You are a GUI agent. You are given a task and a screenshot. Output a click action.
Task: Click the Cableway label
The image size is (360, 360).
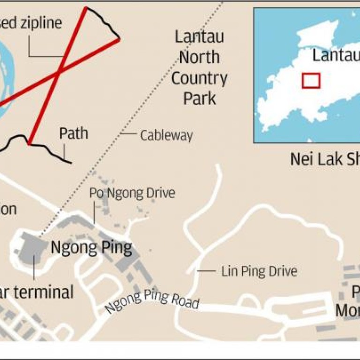166,135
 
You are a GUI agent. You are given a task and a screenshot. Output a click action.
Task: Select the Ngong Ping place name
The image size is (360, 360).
91,247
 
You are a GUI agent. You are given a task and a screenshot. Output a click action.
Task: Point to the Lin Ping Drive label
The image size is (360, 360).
259,271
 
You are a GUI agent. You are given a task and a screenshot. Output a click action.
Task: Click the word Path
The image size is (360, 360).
73,133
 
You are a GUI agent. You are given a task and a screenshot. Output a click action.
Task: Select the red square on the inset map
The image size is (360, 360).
310,81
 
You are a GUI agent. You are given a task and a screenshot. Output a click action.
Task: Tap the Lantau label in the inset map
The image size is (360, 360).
335,56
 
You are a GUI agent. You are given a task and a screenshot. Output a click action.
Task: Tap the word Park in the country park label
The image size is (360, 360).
199,98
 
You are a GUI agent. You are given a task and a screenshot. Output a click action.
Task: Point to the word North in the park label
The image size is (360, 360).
199,57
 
